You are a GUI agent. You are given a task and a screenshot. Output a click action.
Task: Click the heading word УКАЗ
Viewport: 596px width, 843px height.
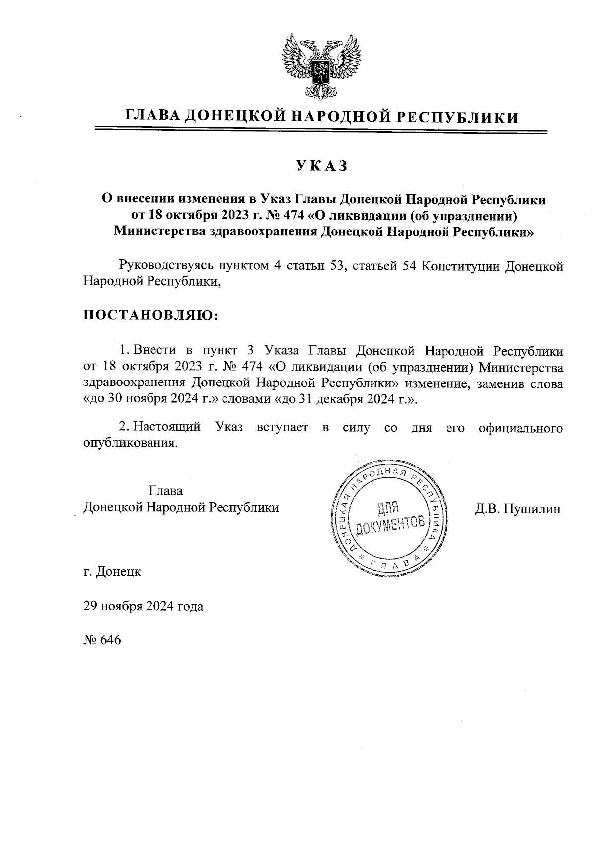click(321, 166)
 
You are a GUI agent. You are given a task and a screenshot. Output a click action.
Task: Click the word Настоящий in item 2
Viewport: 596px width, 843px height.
click(167, 427)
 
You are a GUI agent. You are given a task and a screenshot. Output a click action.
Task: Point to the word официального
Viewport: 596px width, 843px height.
click(521, 427)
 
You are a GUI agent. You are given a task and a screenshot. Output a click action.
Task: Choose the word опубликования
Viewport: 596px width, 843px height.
click(130, 443)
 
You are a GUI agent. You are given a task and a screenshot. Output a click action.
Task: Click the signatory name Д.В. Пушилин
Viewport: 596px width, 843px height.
click(518, 509)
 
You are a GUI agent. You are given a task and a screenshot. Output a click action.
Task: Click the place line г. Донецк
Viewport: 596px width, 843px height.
click(112, 572)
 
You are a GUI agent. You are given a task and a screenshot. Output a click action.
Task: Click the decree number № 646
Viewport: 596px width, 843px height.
click(102, 640)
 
